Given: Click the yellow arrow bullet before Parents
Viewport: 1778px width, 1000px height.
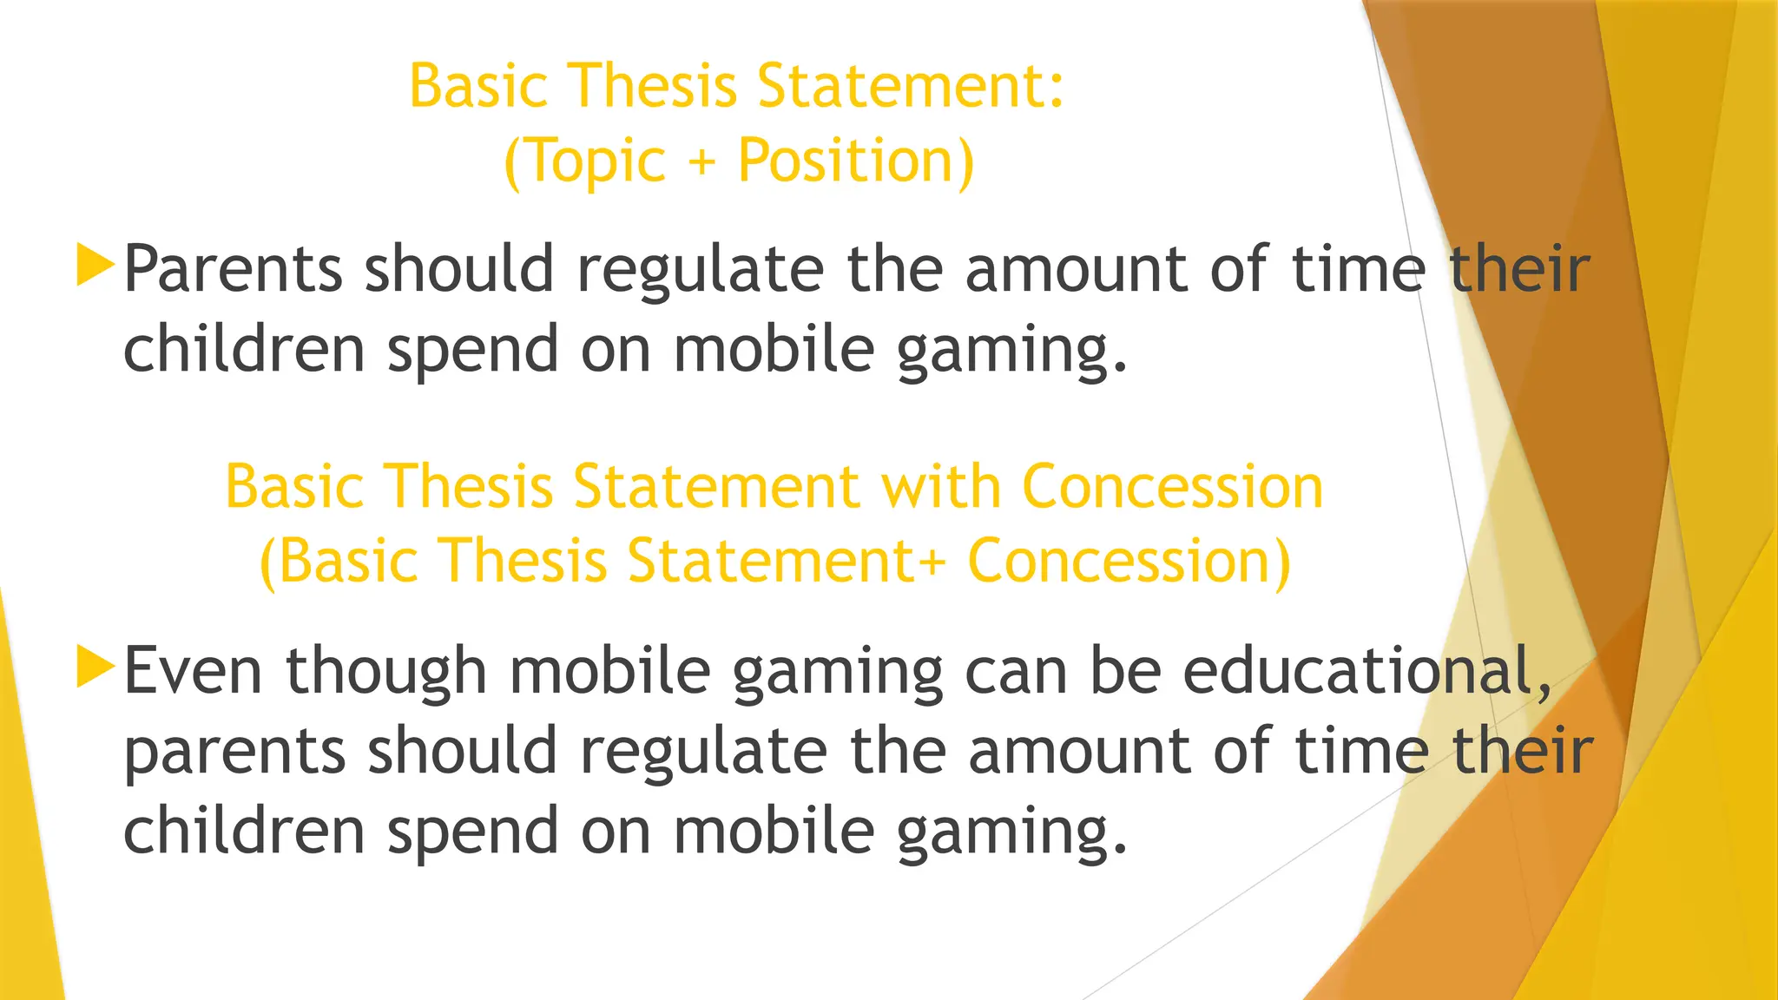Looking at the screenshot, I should [x=95, y=265].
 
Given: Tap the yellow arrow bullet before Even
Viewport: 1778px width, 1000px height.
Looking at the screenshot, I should [x=95, y=667].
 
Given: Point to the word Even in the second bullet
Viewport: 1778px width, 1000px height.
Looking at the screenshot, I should [x=193, y=670].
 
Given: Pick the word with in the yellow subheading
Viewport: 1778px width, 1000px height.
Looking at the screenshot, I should [x=941, y=486].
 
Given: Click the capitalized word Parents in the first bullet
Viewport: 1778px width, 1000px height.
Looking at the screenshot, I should [x=233, y=268].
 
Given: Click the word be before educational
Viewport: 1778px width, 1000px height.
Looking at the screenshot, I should [x=1125, y=670].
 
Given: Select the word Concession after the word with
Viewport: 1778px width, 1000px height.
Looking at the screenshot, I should [x=1173, y=486].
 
